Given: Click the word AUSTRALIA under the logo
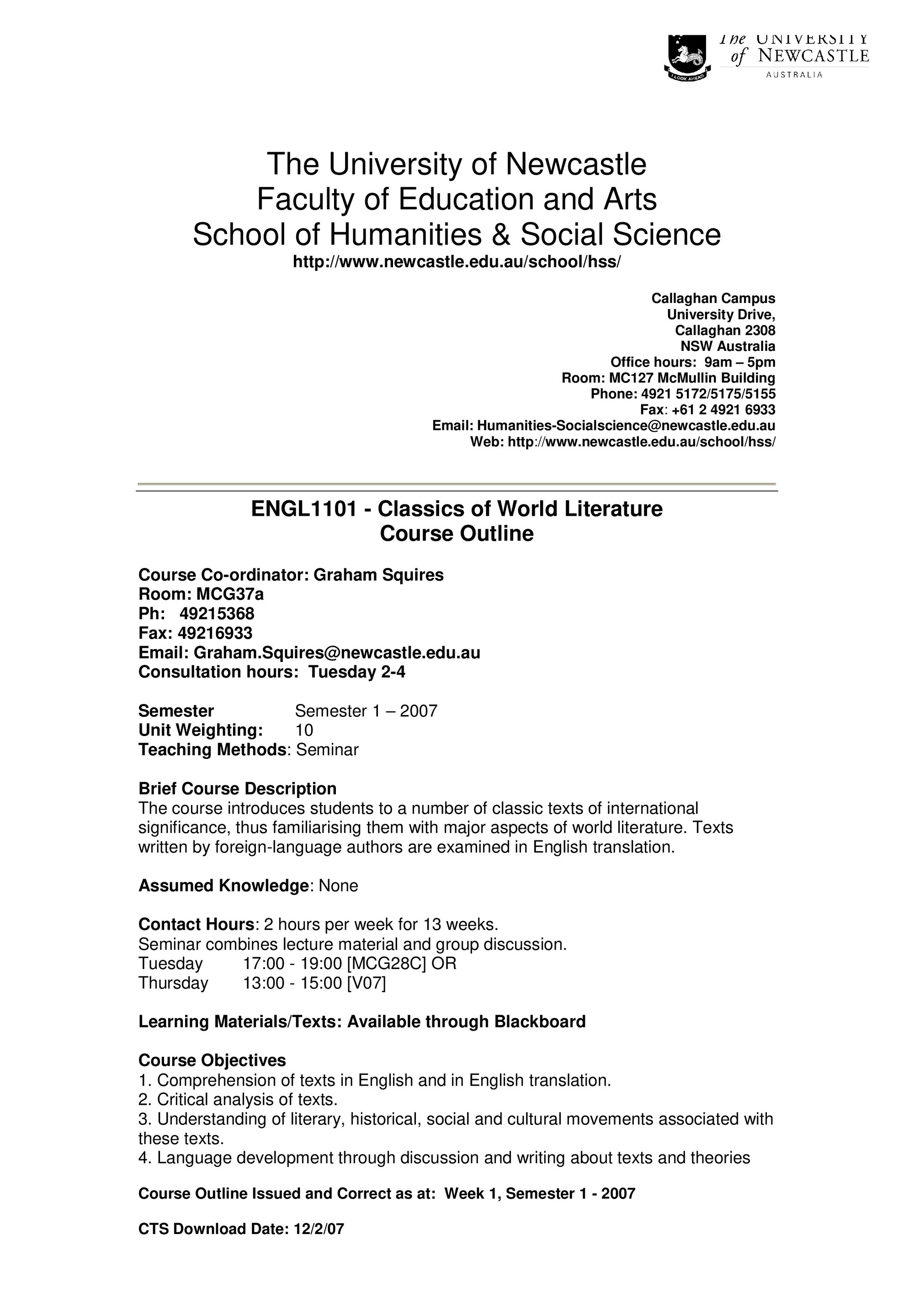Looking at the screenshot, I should tap(794, 75).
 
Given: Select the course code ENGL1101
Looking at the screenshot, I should tap(303, 509).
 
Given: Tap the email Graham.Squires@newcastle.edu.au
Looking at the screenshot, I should tap(337, 653).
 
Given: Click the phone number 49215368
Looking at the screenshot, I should tap(217, 613).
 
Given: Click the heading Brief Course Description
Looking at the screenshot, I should tap(237, 789).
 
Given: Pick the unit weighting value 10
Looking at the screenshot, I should tap(304, 731).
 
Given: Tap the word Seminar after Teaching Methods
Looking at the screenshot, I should tap(327, 750).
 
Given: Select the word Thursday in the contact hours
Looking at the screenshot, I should tap(173, 983).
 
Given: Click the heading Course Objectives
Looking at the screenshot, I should tap(212, 1060).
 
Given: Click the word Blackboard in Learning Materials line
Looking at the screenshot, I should tap(540, 1022).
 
